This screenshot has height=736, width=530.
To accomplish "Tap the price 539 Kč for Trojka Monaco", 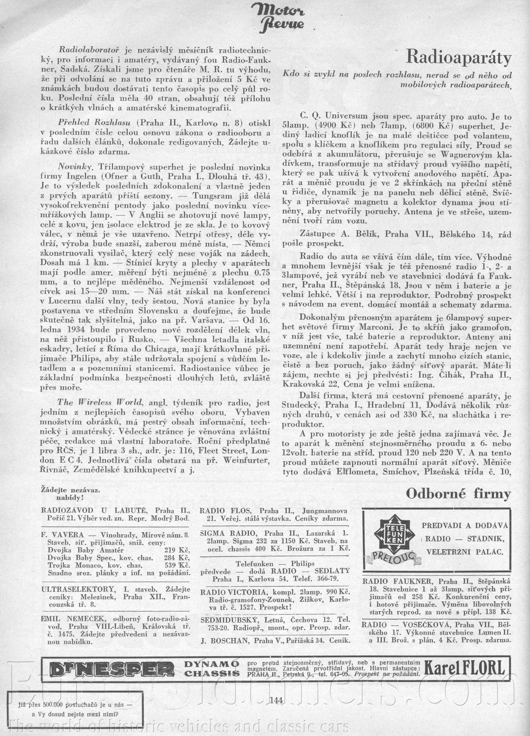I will click(x=178, y=565).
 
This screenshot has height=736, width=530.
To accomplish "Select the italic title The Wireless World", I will click(x=100, y=402).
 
